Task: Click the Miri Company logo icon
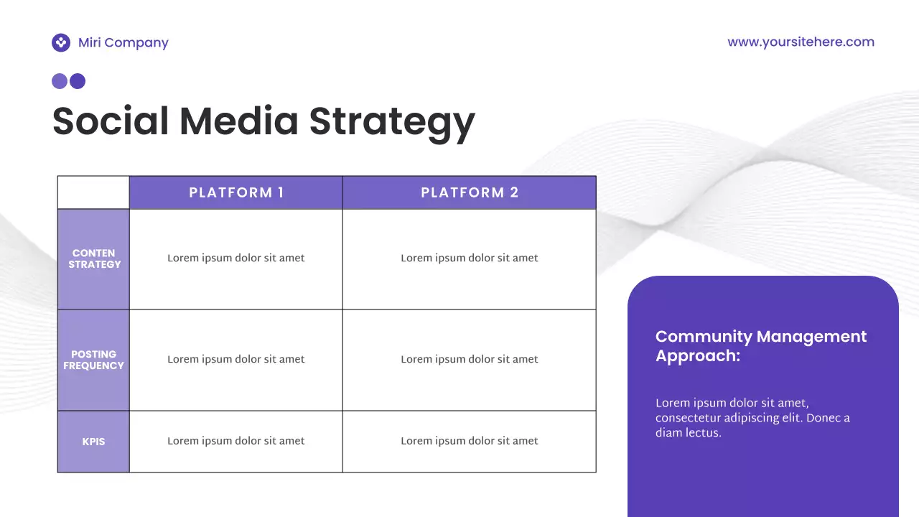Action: (61, 43)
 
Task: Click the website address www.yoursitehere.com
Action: (801, 42)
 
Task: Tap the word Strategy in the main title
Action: (392, 122)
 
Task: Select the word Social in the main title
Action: (111, 121)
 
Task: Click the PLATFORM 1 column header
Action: (236, 192)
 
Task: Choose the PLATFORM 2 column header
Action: (470, 192)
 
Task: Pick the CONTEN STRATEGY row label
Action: (94, 258)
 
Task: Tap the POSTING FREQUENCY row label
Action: (93, 360)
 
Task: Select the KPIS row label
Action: (93, 442)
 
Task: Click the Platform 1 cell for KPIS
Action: (236, 441)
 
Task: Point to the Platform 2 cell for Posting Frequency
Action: (470, 359)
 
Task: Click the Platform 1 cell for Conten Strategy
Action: (236, 258)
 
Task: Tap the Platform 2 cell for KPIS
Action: (470, 441)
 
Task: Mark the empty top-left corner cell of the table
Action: (93, 192)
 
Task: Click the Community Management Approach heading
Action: (761, 345)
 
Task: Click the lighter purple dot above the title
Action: (60, 81)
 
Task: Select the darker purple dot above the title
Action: (78, 81)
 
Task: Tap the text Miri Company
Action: (123, 43)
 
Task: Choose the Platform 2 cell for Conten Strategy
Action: (470, 258)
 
